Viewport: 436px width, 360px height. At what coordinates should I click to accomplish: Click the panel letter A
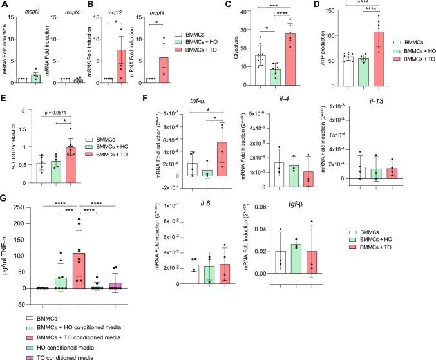click(x=5, y=5)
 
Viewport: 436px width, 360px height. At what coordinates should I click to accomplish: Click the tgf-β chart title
click(x=301, y=208)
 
